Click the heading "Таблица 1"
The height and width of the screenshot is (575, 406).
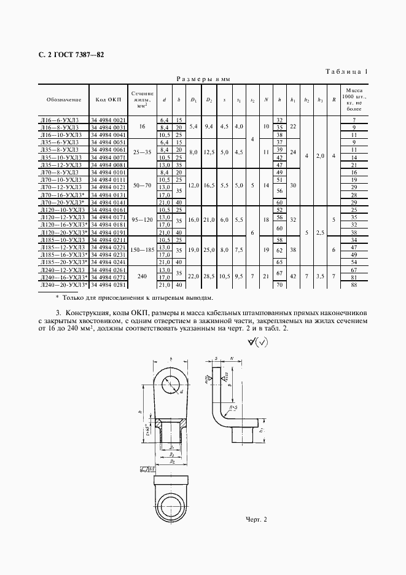coord(346,72)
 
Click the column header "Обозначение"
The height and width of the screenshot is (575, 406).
coord(63,99)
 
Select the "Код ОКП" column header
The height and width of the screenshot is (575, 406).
coord(109,99)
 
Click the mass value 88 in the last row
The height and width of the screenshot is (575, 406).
coord(354,285)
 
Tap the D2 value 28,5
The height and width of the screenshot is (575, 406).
coord(209,278)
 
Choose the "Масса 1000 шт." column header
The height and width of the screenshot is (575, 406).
coord(354,99)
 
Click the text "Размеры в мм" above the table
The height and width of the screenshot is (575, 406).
coord(203,79)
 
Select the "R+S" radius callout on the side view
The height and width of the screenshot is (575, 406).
coord(232,406)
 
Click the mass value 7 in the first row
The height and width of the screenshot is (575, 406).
coord(354,119)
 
